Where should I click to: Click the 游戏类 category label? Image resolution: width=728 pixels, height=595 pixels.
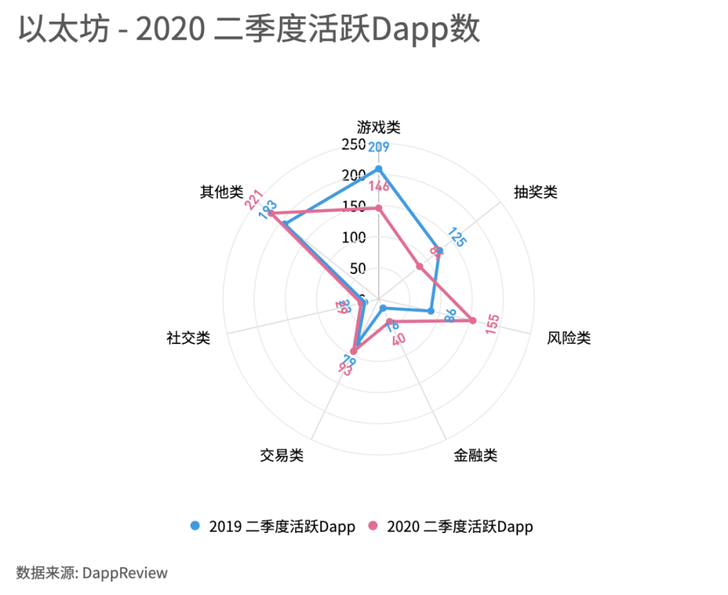click(x=379, y=127)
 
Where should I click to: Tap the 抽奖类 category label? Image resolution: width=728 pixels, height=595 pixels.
click(x=536, y=192)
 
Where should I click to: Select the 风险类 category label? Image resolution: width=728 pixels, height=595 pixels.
click(x=569, y=337)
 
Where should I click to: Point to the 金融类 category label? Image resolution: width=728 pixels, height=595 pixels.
click(x=475, y=455)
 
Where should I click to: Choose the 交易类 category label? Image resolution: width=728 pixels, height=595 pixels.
click(x=282, y=455)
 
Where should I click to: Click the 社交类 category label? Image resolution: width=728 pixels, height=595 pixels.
click(x=188, y=337)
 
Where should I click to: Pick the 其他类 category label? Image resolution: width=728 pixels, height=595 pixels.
click(x=221, y=192)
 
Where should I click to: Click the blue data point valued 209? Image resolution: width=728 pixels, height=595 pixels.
click(x=379, y=169)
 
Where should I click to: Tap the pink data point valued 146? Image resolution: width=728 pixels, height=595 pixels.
click(x=379, y=208)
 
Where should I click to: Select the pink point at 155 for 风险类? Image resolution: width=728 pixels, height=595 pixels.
click(x=473, y=320)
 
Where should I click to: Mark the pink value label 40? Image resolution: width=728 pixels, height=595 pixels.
click(x=398, y=339)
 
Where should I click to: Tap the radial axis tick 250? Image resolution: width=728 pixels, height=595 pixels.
click(x=354, y=145)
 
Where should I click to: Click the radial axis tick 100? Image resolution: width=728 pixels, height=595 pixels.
click(x=354, y=237)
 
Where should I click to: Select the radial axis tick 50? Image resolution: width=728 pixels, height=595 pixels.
click(x=357, y=268)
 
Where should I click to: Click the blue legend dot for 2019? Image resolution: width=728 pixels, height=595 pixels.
click(x=195, y=526)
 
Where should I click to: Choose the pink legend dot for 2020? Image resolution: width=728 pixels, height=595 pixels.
click(x=373, y=526)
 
